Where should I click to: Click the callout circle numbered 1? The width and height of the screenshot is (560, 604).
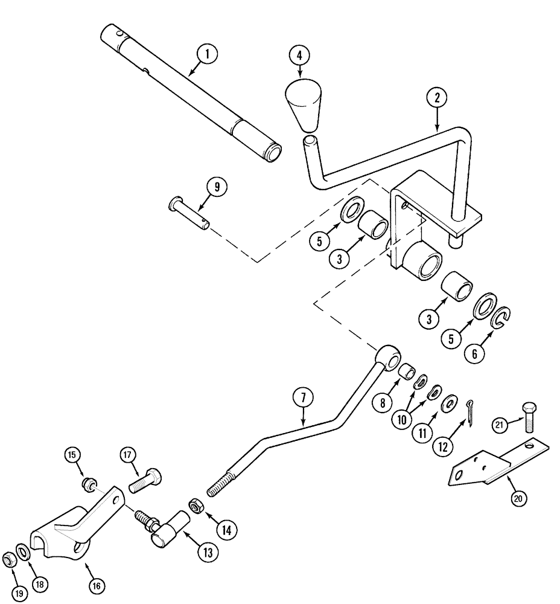[207, 55]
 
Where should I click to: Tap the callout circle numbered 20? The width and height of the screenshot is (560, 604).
[518, 499]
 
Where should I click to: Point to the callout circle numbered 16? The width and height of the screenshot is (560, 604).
[97, 585]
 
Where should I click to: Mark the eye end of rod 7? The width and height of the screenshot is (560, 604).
[386, 359]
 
